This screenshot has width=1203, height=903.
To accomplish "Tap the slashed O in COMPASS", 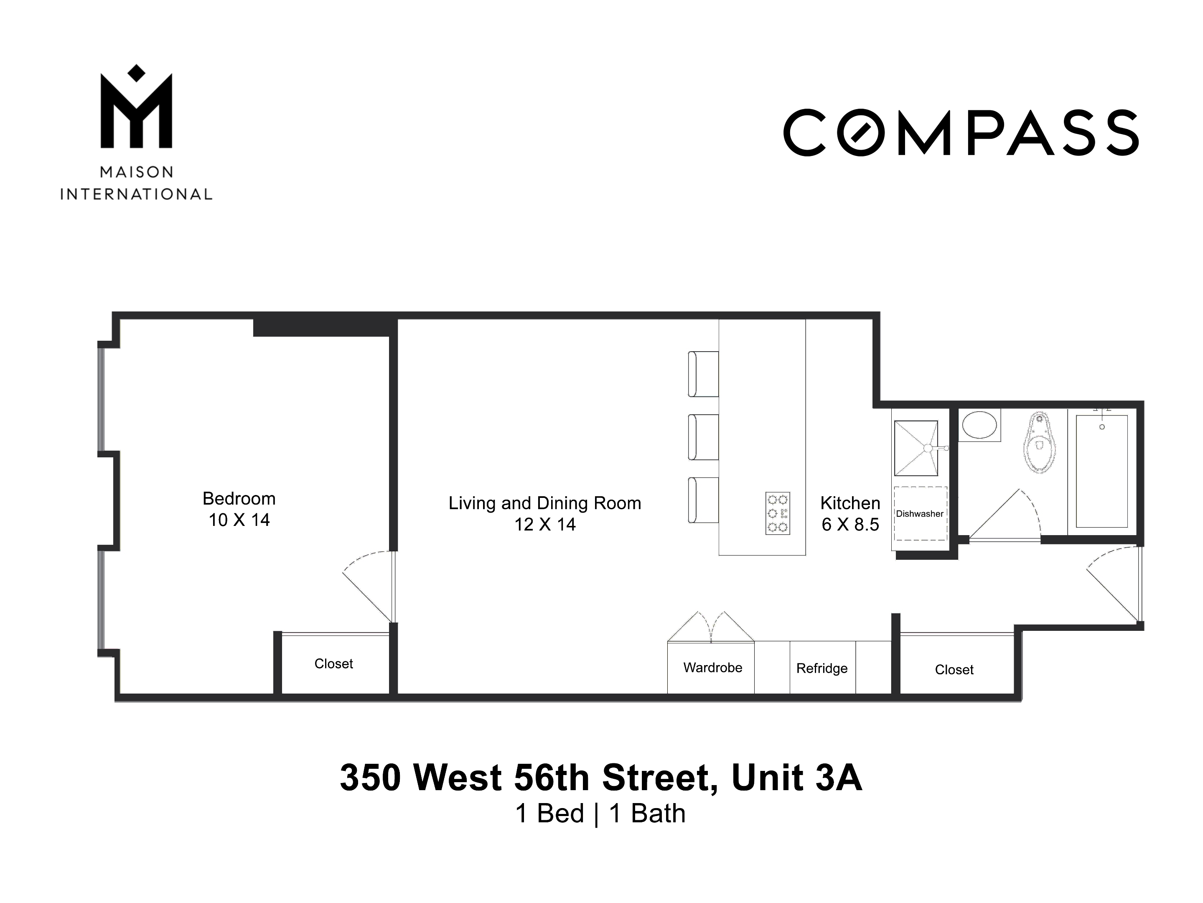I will [x=861, y=132].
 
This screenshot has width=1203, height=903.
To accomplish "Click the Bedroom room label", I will [x=239, y=499].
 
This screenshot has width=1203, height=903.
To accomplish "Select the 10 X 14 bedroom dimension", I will [x=239, y=520].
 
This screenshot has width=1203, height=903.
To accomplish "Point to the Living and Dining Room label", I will [x=544, y=503].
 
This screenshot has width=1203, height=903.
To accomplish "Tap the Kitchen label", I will [x=849, y=503].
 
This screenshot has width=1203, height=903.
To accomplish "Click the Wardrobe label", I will [x=712, y=668].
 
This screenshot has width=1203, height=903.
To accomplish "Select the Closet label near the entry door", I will [x=954, y=670].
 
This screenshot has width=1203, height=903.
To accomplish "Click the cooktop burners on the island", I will [x=777, y=513].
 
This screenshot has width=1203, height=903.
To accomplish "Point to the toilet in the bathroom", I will [x=1039, y=443].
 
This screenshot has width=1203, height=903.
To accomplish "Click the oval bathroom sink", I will [x=979, y=425].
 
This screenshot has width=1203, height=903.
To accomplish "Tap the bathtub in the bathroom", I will [x=1101, y=471].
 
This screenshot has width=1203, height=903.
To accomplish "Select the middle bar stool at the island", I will [x=703, y=437].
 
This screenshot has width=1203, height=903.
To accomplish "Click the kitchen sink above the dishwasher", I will [x=916, y=448].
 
